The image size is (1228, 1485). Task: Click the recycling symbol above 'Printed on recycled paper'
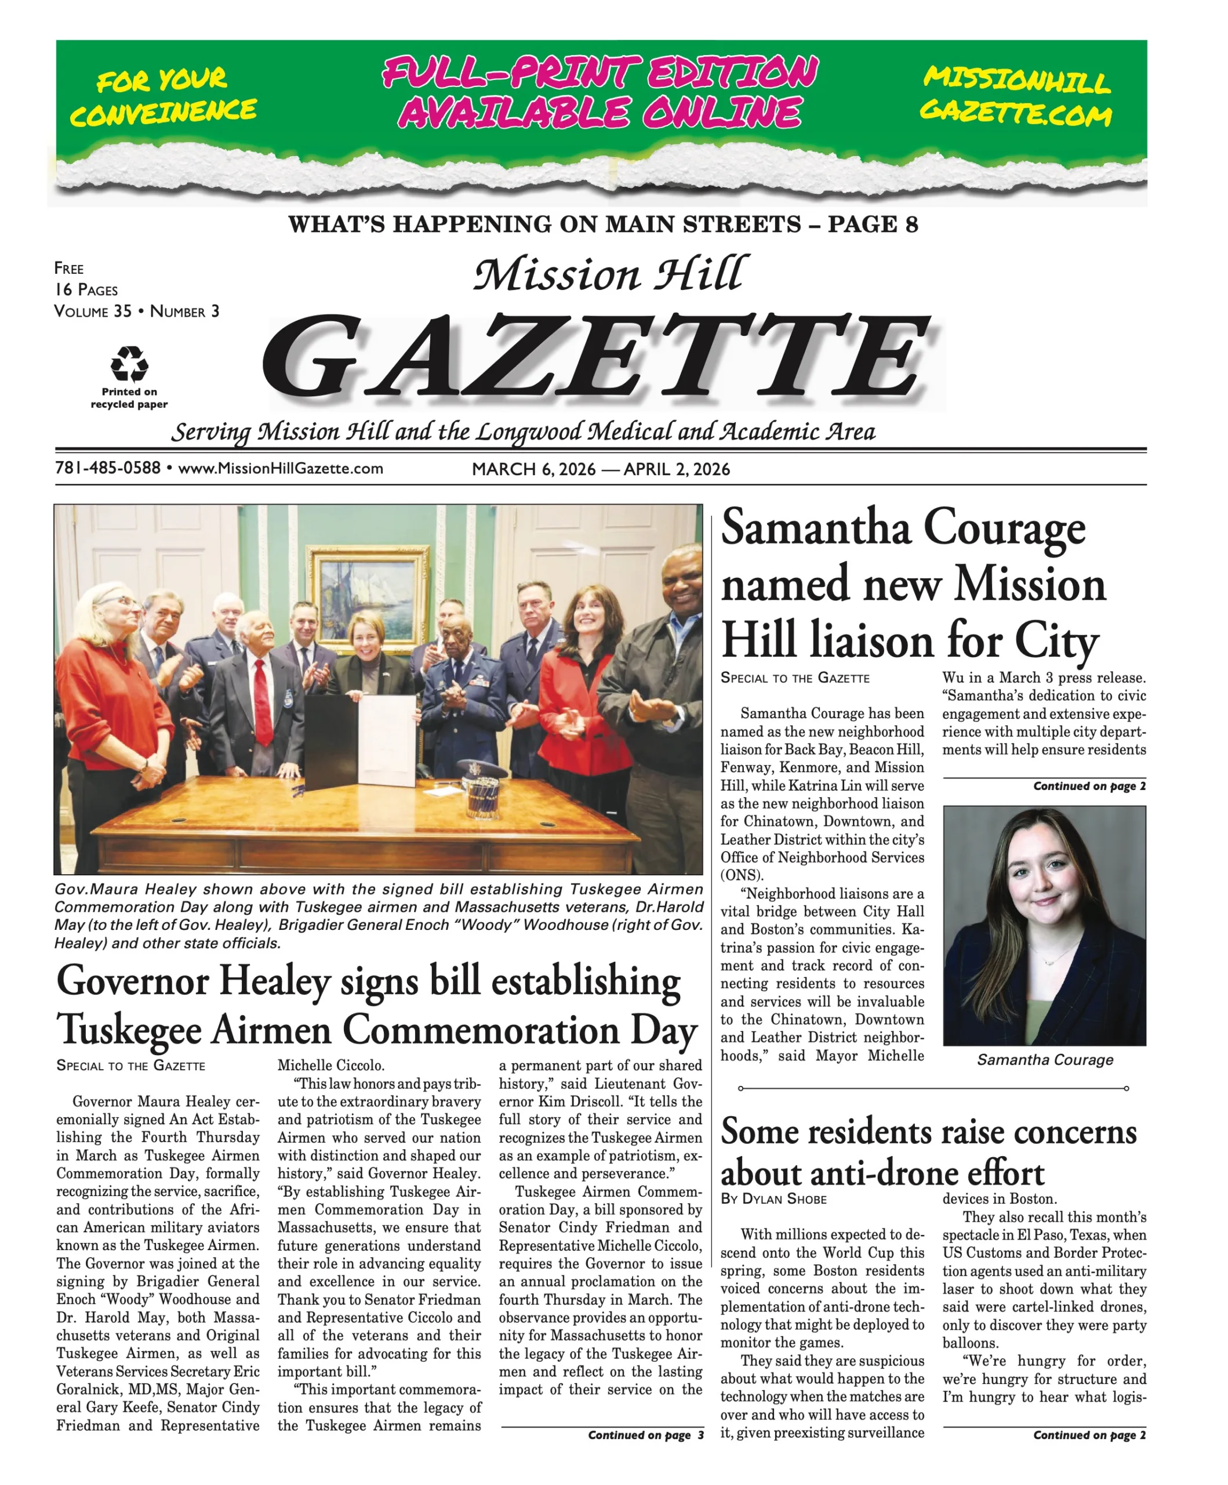129,364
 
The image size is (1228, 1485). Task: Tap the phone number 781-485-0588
107,468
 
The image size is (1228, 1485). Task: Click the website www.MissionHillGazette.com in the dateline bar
281,469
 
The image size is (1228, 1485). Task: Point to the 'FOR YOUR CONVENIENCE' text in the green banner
164,96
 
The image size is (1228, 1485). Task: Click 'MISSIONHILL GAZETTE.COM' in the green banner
1016,96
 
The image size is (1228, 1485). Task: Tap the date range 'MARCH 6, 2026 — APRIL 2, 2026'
600,469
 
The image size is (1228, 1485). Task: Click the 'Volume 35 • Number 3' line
136,311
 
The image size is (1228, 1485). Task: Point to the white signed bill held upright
387,740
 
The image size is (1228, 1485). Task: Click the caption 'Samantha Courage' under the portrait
1044,1060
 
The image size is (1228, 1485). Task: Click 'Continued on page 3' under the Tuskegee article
645,1435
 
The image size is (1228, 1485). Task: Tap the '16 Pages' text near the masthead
86,290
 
